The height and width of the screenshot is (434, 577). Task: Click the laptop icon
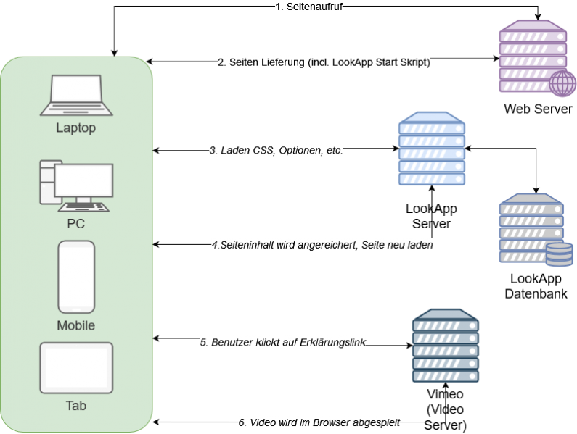pyautogui.click(x=76, y=94)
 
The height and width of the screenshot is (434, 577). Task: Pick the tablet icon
pyautogui.click(x=76, y=368)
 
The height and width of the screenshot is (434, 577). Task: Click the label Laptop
pyautogui.click(x=76, y=128)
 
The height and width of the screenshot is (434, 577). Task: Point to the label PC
pyautogui.click(x=76, y=224)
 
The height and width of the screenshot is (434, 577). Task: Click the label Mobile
pyautogui.click(x=76, y=326)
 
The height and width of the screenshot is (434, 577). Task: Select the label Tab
pyautogui.click(x=76, y=406)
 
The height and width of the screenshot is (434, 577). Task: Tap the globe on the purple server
pyautogui.click(x=562, y=83)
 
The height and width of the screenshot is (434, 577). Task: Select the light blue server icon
pyautogui.click(x=431, y=149)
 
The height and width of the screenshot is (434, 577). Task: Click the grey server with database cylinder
pyautogui.click(x=532, y=228)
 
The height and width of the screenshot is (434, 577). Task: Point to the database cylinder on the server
pyautogui.click(x=559, y=254)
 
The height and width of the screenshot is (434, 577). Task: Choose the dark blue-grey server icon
pyautogui.click(x=446, y=346)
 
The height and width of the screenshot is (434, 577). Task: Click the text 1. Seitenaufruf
pyautogui.click(x=308, y=7)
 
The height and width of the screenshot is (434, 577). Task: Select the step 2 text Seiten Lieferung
pyautogui.click(x=324, y=62)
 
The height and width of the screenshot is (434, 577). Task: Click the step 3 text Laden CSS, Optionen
pyautogui.click(x=276, y=151)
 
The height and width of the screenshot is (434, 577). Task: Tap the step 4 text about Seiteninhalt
pyautogui.click(x=322, y=245)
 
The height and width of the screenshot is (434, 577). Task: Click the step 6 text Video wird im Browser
pyautogui.click(x=319, y=422)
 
